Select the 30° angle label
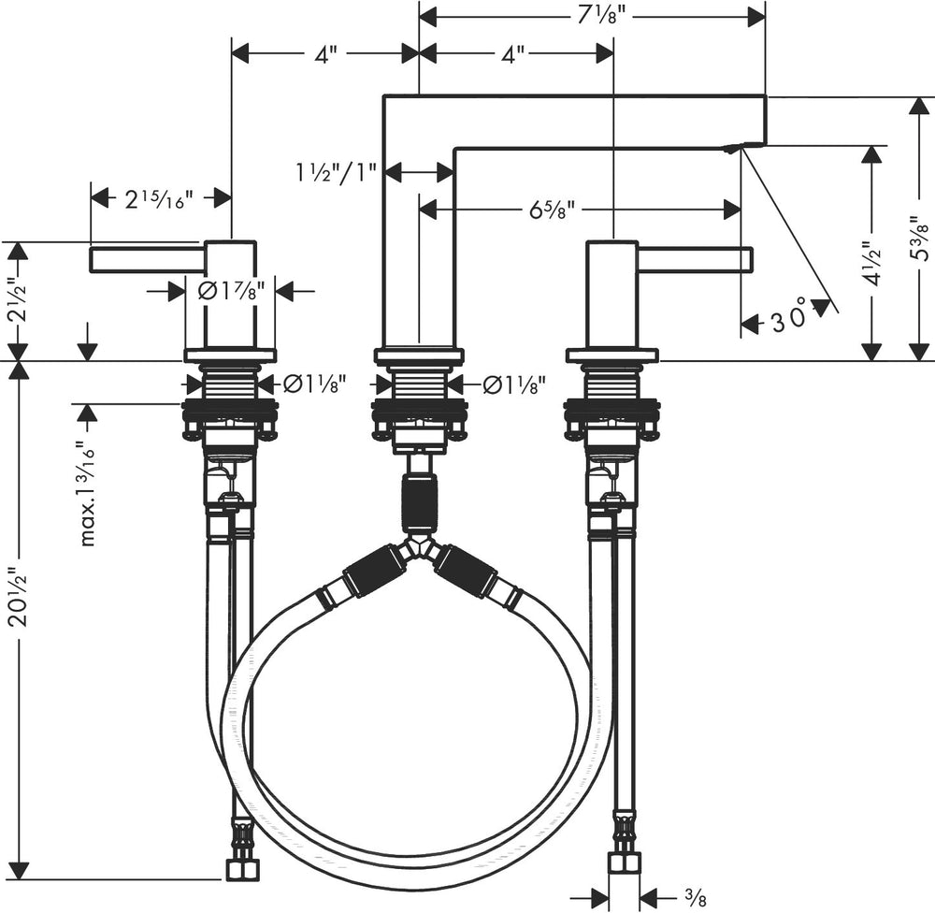click(788, 321)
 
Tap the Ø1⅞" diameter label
click(231, 291)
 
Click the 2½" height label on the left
click(17, 299)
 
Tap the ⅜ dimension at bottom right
click(695, 898)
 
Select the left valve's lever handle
click(146, 259)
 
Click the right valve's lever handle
click(695, 259)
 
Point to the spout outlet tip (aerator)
click(735, 148)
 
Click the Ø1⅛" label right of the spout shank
click(513, 384)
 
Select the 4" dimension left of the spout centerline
click(324, 54)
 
